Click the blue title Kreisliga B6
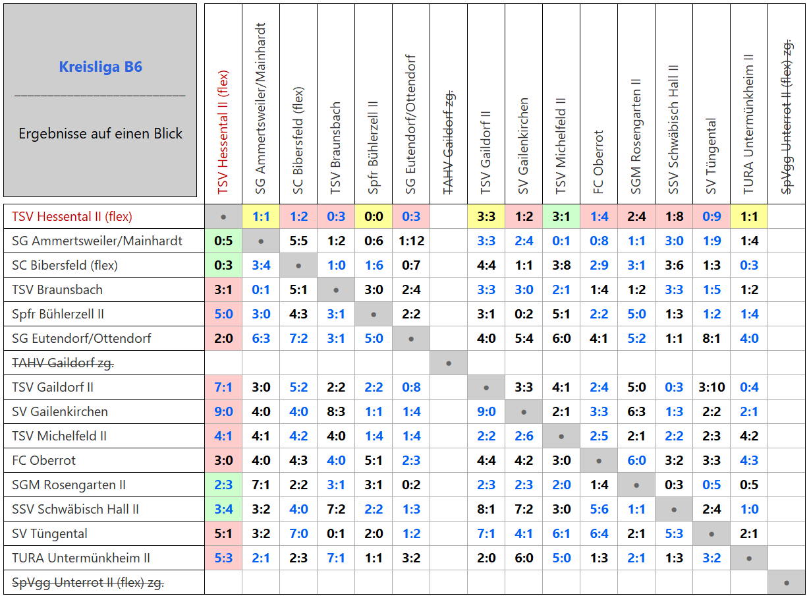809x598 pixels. pos(100,67)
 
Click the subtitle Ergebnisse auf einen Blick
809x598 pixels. pos(100,134)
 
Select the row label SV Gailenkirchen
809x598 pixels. pos(60,411)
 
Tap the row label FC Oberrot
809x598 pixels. pos(43,460)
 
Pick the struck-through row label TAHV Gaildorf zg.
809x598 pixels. pos(63,363)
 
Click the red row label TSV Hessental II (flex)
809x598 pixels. pos(72,216)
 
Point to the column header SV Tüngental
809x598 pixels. pos(711,156)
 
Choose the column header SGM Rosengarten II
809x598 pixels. pos(636,136)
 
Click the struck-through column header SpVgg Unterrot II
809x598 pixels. pos(787,117)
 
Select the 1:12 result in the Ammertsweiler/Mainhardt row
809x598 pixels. pos(411,241)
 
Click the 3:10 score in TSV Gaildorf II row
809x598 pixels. pos(711,387)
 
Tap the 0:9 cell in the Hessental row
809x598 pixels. pos(711,216)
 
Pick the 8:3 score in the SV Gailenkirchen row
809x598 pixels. pos(336,411)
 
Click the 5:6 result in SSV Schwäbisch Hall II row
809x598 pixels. pos(599,509)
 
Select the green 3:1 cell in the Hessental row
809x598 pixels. pos(561,216)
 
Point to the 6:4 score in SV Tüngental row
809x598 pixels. pos(599,533)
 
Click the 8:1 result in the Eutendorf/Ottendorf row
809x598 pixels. pos(711,338)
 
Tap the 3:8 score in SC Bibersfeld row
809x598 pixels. pos(561,266)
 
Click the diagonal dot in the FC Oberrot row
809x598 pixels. pos(599,461)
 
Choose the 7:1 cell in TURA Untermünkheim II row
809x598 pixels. pos(336,558)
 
